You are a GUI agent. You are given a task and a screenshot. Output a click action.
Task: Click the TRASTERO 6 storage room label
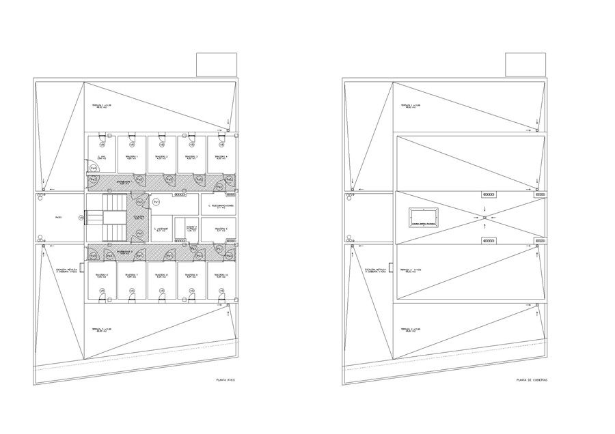coord(102,276)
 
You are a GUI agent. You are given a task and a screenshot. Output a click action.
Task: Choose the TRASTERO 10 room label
coord(220,276)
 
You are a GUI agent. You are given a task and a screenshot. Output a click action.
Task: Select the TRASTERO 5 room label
coord(220,229)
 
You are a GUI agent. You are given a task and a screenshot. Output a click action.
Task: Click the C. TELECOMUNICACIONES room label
coord(221,205)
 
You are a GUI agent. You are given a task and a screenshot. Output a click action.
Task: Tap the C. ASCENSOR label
coord(160,229)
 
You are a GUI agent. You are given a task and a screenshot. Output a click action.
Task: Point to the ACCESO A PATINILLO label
coord(191,229)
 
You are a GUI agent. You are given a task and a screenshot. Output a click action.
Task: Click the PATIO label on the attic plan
coord(59,218)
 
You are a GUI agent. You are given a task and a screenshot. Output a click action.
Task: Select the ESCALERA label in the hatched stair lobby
coord(139,218)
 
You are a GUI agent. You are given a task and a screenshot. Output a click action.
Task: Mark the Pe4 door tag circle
coord(93,168)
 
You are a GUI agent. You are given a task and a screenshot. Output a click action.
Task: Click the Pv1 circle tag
coord(156,203)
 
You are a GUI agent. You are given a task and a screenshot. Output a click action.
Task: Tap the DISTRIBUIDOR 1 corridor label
coord(123,183)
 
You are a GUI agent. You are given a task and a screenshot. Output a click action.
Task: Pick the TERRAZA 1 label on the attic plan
coord(102,106)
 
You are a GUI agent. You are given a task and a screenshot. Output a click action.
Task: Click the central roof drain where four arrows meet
coord(484,218)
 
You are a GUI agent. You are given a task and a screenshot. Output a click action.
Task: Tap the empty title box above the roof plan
coord(525,66)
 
